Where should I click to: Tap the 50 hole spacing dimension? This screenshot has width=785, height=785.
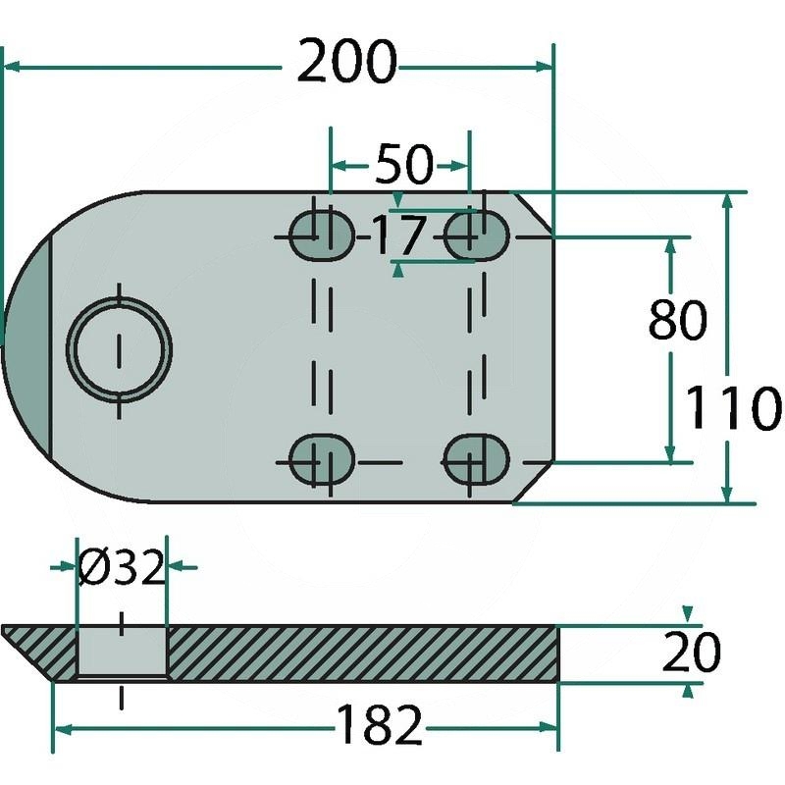point(402,166)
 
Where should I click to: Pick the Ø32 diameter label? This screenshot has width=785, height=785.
point(121,568)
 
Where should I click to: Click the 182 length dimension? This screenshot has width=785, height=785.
point(379,727)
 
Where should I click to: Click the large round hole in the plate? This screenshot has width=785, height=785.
point(119,348)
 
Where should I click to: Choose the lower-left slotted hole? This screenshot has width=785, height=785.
point(323,458)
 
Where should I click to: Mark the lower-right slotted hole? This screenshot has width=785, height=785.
point(477,458)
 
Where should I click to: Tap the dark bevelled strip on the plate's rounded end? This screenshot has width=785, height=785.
point(27,348)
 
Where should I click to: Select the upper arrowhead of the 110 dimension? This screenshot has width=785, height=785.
point(727,201)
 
